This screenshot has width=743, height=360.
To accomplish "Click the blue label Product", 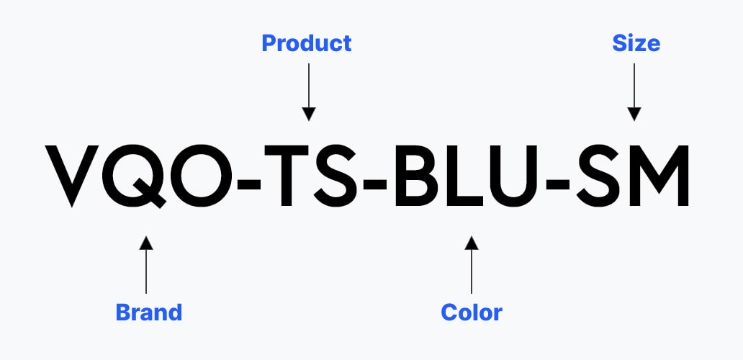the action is [x=307, y=43].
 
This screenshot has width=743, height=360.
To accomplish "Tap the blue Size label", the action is [x=636, y=43].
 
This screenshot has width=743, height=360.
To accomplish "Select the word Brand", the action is [x=149, y=312].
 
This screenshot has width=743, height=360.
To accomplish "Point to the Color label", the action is [x=472, y=312].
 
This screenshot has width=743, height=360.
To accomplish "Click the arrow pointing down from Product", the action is [x=309, y=92].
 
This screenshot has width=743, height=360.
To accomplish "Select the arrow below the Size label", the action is [x=634, y=92].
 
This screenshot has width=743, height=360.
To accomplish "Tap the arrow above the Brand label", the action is [x=146, y=265].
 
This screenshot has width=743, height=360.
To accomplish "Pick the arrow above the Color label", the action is [x=472, y=265].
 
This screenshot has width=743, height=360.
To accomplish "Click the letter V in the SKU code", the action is [x=72, y=176].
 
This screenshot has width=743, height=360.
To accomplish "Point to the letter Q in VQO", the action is [x=137, y=176].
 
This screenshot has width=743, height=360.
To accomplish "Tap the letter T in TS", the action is [x=287, y=176].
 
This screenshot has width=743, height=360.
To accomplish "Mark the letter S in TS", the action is [x=335, y=176].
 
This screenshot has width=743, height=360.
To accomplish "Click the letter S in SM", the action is [x=598, y=176].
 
